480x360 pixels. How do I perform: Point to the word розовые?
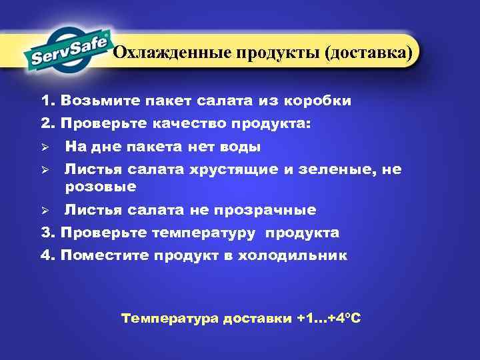click(101, 186)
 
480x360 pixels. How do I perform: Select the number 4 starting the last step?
click(45, 255)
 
